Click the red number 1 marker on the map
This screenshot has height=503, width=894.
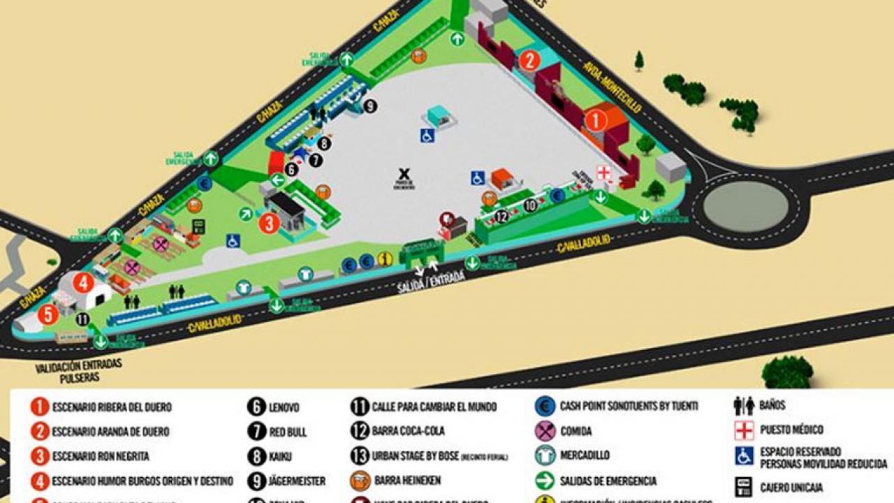[596, 121]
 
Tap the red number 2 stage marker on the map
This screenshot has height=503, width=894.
[529, 61]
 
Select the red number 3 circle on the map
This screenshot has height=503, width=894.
[269, 224]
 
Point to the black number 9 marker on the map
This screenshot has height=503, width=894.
[370, 106]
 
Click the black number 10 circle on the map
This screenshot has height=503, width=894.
[531, 205]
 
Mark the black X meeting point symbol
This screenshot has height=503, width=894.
[403, 173]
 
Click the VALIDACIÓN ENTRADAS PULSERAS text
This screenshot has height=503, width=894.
[78, 370]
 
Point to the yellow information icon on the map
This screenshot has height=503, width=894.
[384, 260]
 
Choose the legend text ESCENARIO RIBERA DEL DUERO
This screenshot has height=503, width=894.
[111, 407]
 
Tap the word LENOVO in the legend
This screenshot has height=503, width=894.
[284, 407]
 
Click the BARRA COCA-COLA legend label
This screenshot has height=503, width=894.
[408, 430]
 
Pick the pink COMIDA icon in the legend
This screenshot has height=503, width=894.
[545, 431]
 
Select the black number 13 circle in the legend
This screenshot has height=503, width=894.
[360, 455]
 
